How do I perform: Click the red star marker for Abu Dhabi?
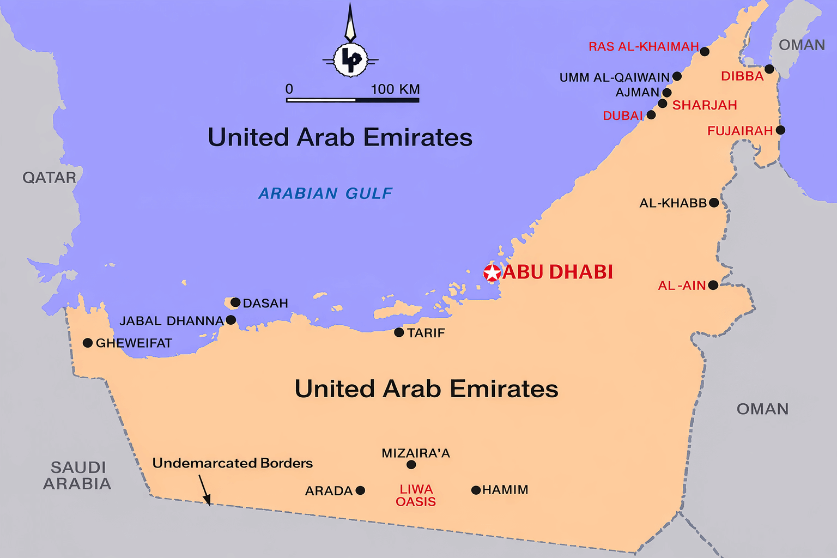pyautogui.click(x=492, y=273)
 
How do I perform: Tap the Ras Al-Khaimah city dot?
pyautogui.click(x=705, y=52)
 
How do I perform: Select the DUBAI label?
pyautogui.click(x=623, y=116)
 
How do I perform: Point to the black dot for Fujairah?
pyautogui.click(x=780, y=130)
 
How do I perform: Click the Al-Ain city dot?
pyautogui.click(x=713, y=286)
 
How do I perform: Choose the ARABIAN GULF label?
pyautogui.click(x=325, y=193)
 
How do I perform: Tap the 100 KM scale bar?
pyautogui.click(x=353, y=100)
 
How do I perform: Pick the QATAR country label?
pyautogui.click(x=49, y=178)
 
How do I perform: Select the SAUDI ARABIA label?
pyautogui.click(x=77, y=475)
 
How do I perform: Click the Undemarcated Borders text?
pyautogui.click(x=232, y=463)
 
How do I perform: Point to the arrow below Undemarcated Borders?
pyautogui.click(x=204, y=489)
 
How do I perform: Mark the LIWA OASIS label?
pyautogui.click(x=416, y=495)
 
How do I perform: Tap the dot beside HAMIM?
pyautogui.click(x=476, y=490)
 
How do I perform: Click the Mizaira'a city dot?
pyautogui.click(x=411, y=465)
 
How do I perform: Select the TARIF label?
pyautogui.click(x=426, y=333)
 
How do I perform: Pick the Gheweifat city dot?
pyautogui.click(x=87, y=343)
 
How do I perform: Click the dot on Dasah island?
pyautogui.click(x=235, y=302)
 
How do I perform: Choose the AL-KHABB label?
pyautogui.click(x=673, y=203)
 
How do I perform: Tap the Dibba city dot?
pyautogui.click(x=769, y=69)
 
